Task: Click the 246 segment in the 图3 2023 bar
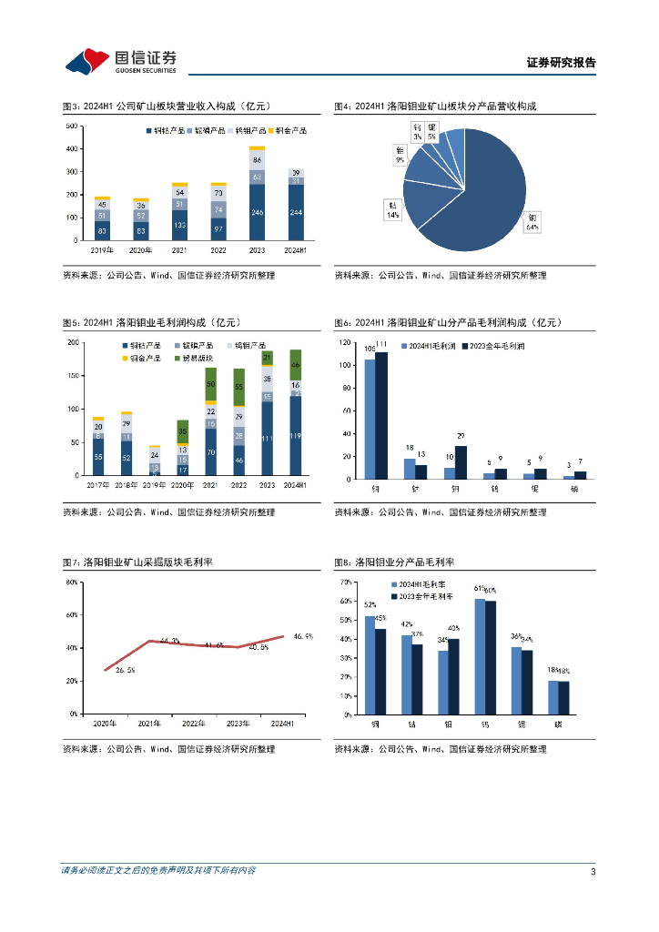point(257,212)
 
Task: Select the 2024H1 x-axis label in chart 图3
point(295,249)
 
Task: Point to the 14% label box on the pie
point(393,211)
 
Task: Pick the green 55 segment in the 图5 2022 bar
point(238,387)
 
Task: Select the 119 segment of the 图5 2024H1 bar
point(295,436)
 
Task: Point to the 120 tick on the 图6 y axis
point(344,342)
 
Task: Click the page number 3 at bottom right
point(593,872)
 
